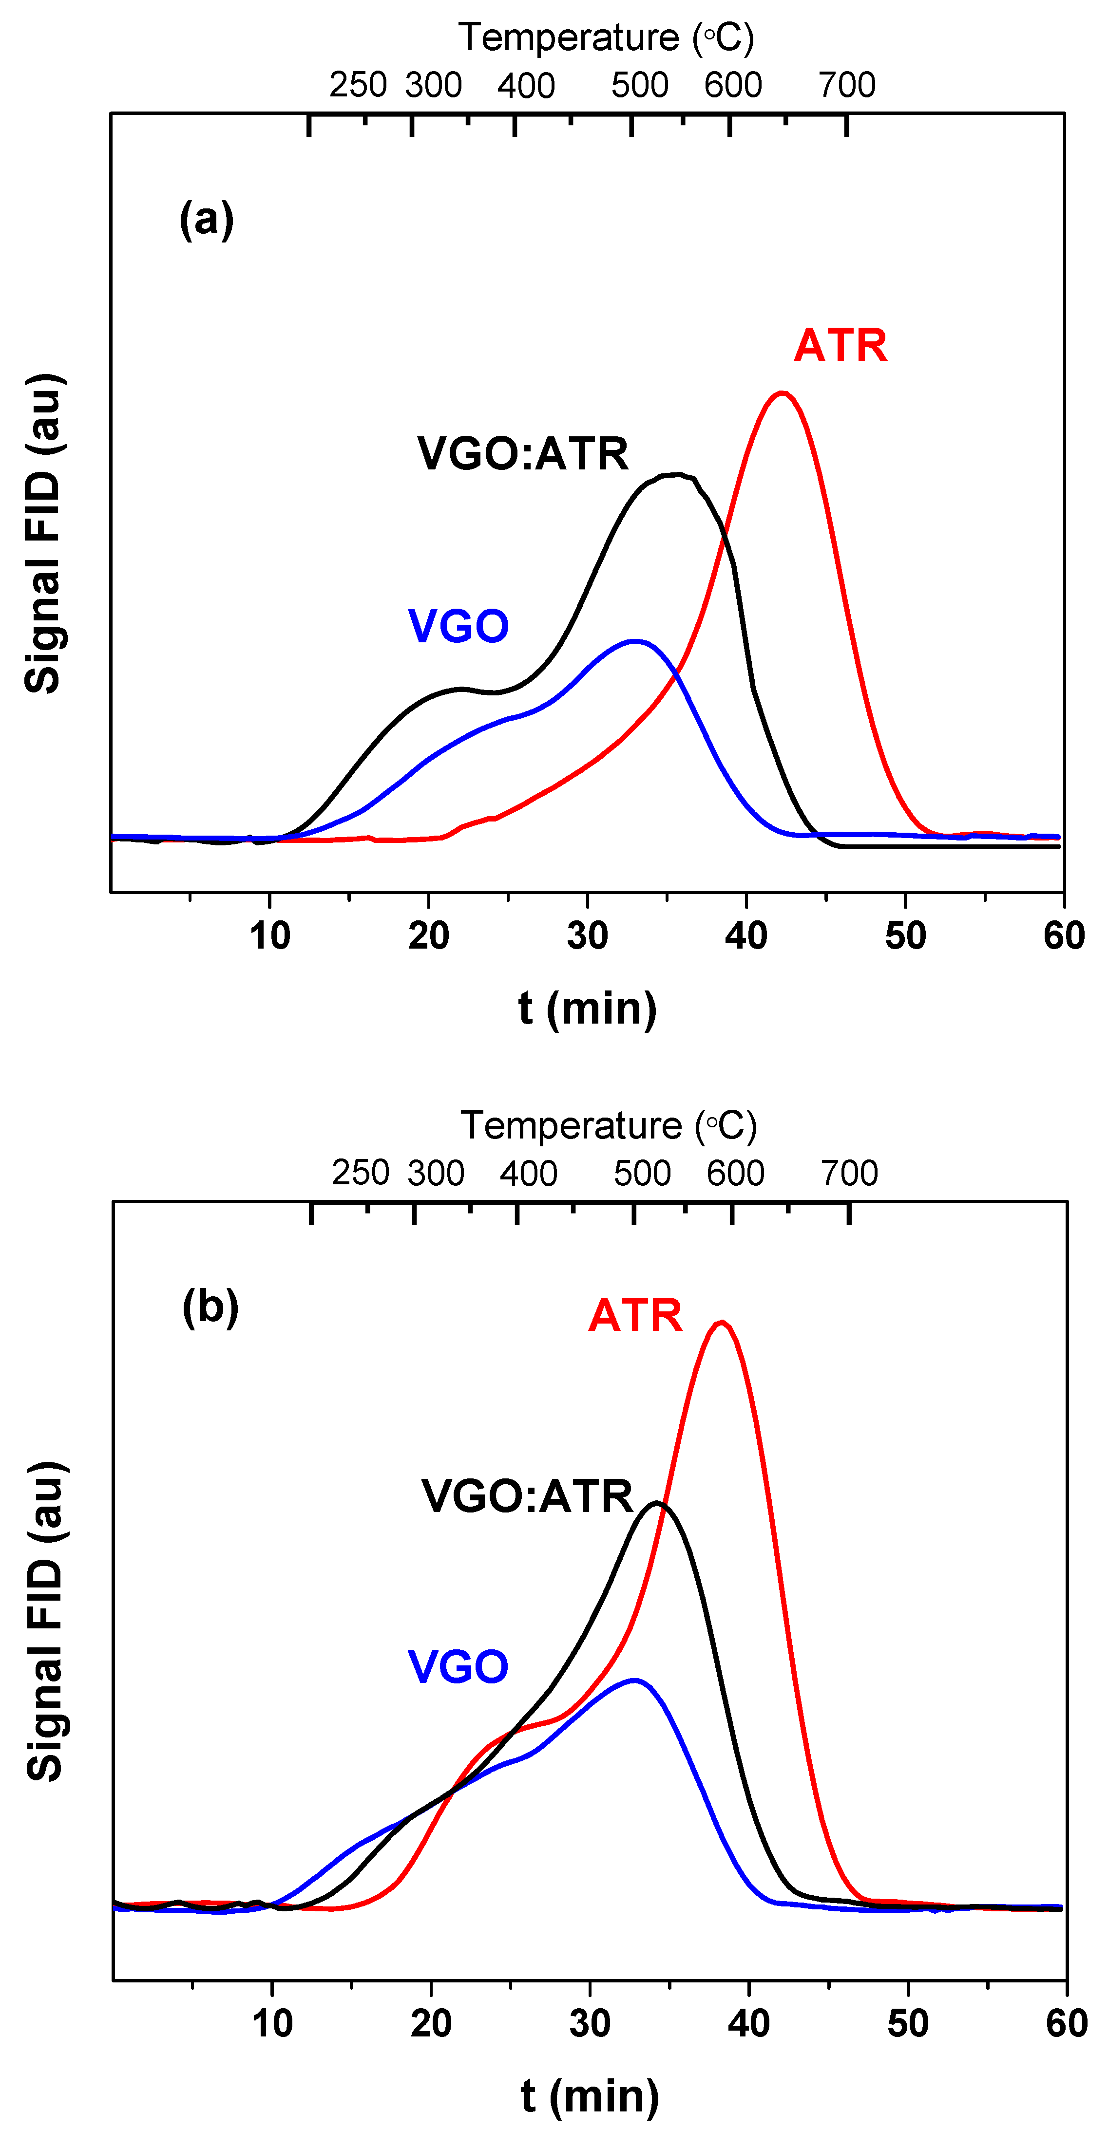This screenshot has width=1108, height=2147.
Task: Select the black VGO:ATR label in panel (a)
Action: tap(523, 454)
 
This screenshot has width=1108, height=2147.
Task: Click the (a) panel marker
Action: tap(206, 220)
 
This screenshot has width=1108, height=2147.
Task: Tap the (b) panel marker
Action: tap(210, 1307)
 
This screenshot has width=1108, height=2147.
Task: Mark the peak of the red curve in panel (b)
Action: tap(721, 1322)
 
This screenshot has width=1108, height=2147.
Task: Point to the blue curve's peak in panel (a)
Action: tap(635, 641)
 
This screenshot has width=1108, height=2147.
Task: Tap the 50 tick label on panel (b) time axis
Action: tap(907, 2023)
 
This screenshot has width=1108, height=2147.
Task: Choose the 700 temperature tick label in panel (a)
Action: tap(846, 85)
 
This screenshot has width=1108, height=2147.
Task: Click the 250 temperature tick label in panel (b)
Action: tap(360, 1173)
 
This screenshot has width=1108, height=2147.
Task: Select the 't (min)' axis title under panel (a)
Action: tap(587, 1008)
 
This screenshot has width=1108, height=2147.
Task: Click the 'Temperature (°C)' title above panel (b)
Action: tap(609, 1125)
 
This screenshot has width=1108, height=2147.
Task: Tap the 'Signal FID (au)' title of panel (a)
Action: tap(43, 533)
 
